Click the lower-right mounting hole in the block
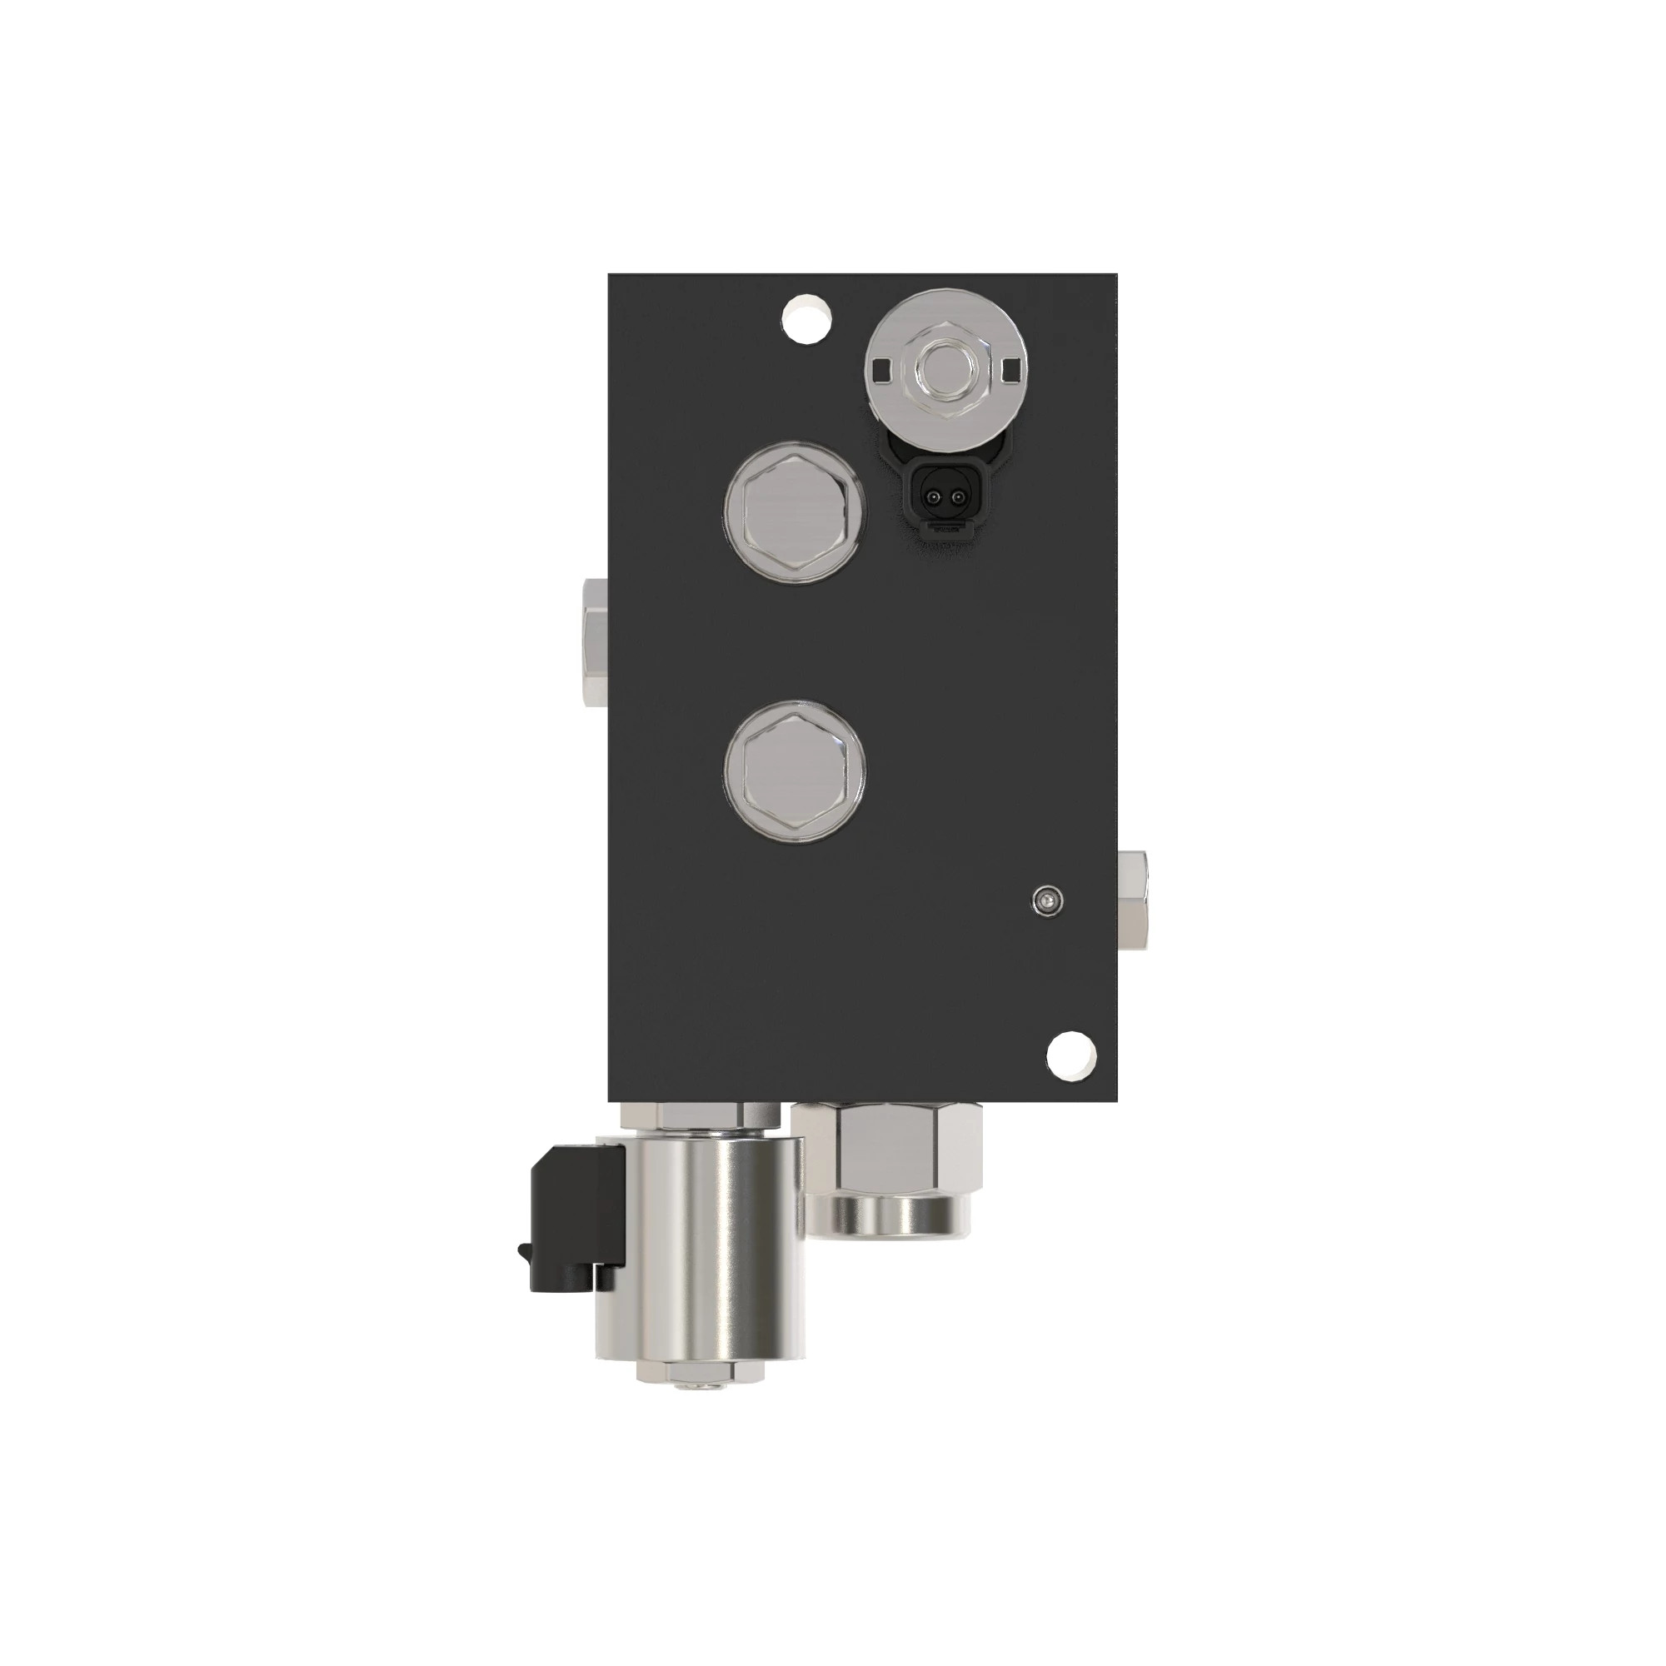click(x=1073, y=1054)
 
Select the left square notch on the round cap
click(x=880, y=371)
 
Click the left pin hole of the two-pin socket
click(x=930, y=497)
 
